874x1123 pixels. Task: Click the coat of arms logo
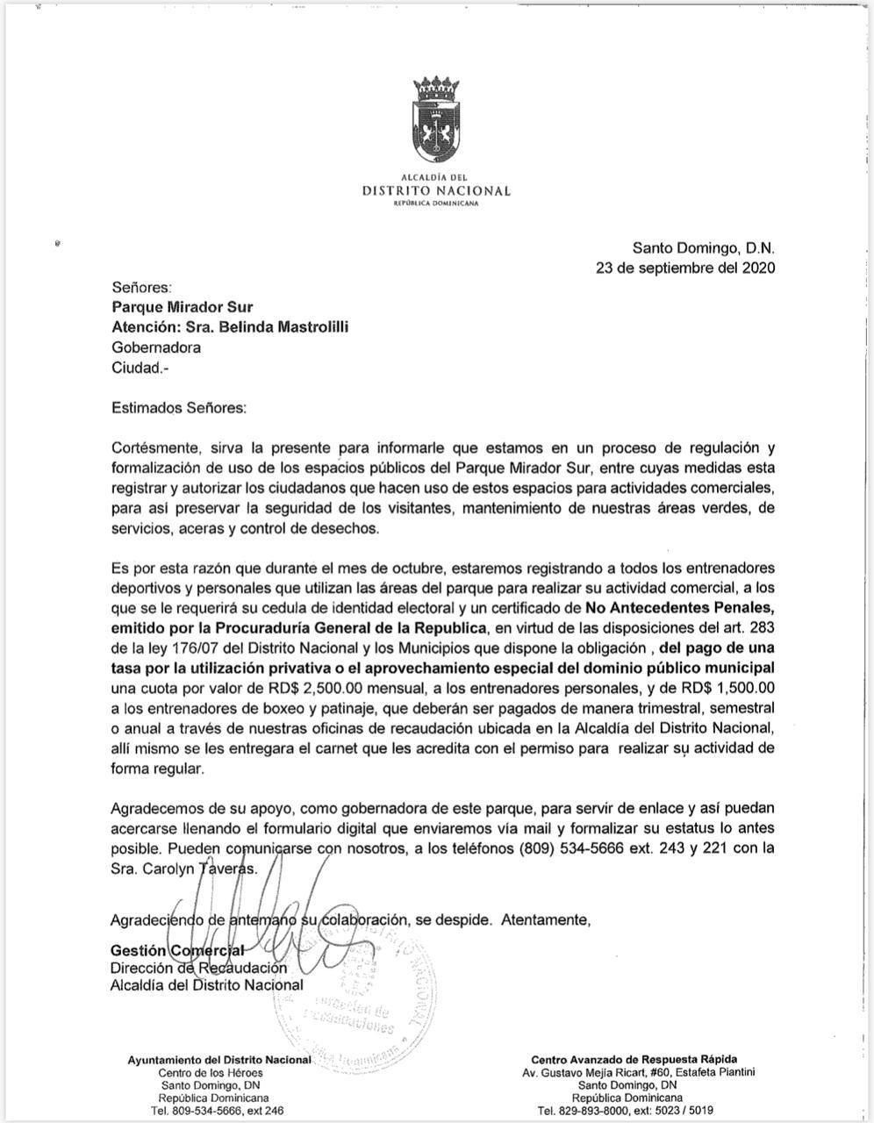click(436, 124)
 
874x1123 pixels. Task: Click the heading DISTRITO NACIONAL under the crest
click(436, 190)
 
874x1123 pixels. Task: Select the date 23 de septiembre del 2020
click(684, 268)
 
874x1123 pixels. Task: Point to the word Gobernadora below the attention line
click(156, 347)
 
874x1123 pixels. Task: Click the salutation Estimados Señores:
click(179, 408)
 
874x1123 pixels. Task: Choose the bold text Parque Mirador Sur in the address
click(183, 306)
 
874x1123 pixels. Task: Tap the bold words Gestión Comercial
click(176, 950)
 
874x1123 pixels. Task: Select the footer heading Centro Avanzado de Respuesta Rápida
click(634, 1059)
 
